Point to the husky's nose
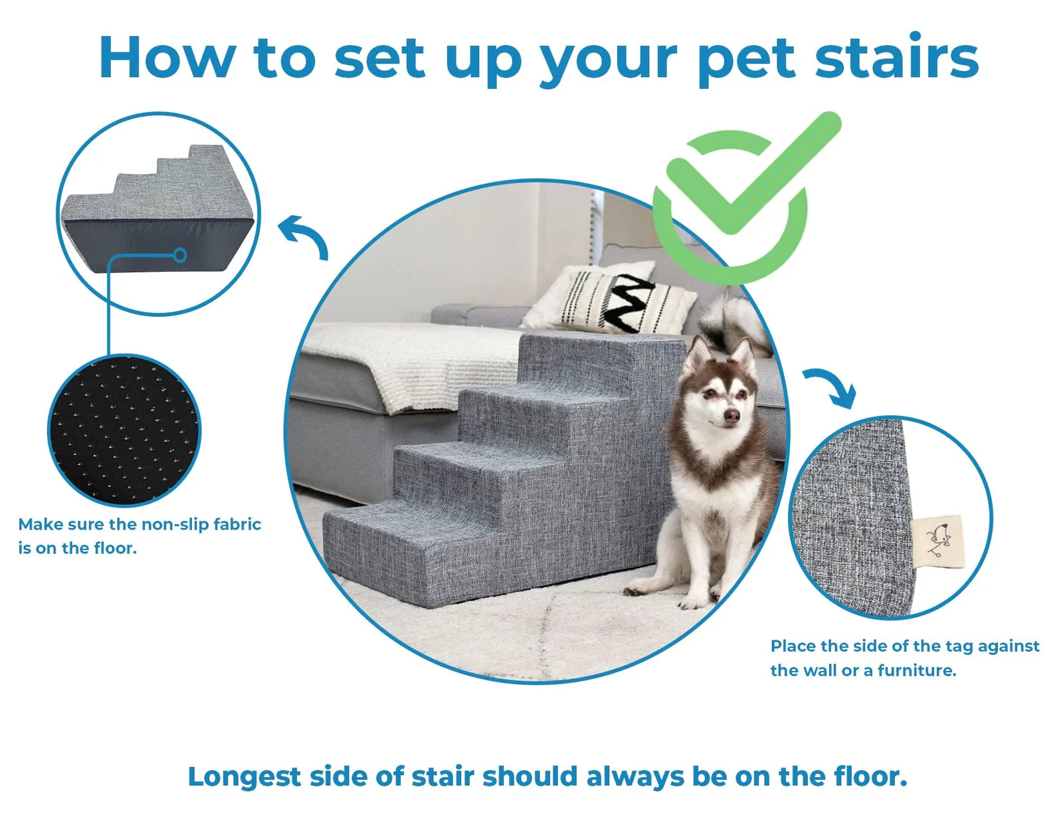(x=731, y=416)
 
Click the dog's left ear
(x=698, y=354)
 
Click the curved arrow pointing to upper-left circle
(x=306, y=236)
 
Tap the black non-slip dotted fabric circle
(x=124, y=430)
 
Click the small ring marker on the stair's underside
(x=180, y=255)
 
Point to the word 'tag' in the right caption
(x=959, y=646)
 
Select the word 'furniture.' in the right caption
(x=916, y=671)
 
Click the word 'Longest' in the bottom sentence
(x=244, y=776)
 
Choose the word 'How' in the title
(x=167, y=58)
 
